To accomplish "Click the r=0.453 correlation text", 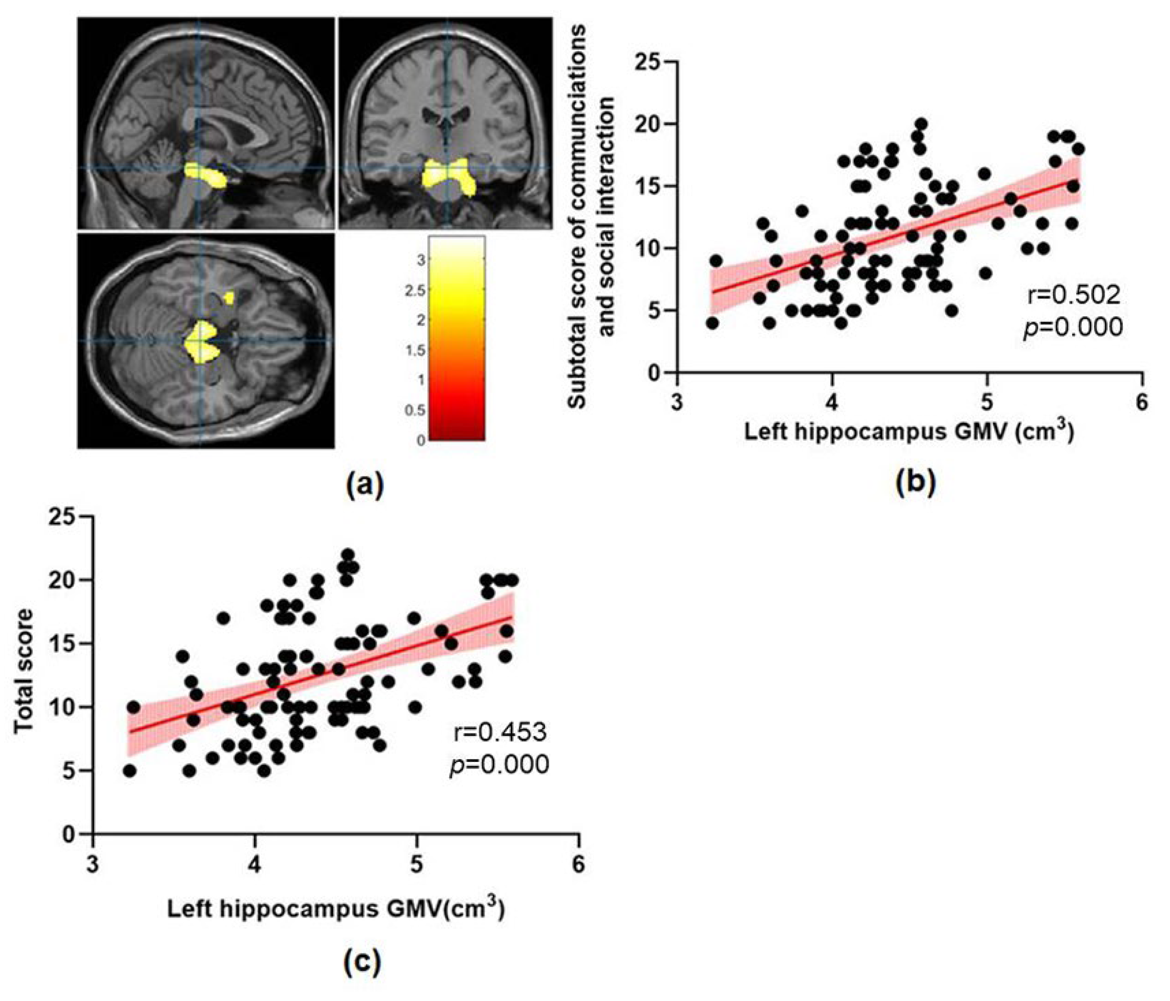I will point(500,733).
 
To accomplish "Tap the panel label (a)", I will point(365,484).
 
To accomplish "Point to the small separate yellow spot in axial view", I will point(229,297).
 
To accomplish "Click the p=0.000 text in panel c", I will point(500,765).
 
